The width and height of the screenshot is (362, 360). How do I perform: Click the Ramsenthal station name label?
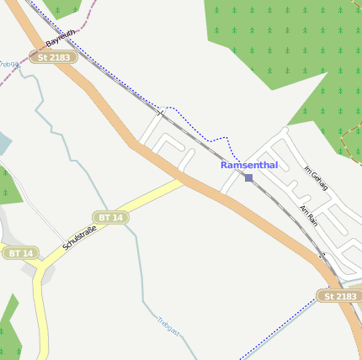click(249, 165)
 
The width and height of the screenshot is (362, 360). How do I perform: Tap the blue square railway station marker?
click(248, 177)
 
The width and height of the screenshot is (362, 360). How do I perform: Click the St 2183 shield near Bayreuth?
click(55, 57)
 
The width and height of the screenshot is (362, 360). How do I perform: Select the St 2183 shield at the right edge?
click(340, 296)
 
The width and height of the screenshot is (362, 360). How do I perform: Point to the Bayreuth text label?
click(61, 37)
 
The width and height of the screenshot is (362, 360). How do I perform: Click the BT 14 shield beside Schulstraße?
click(111, 218)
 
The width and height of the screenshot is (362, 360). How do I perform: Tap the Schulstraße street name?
click(81, 236)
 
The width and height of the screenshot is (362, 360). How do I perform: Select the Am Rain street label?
click(308, 214)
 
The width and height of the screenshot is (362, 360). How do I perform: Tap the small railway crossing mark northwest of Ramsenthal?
click(159, 110)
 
